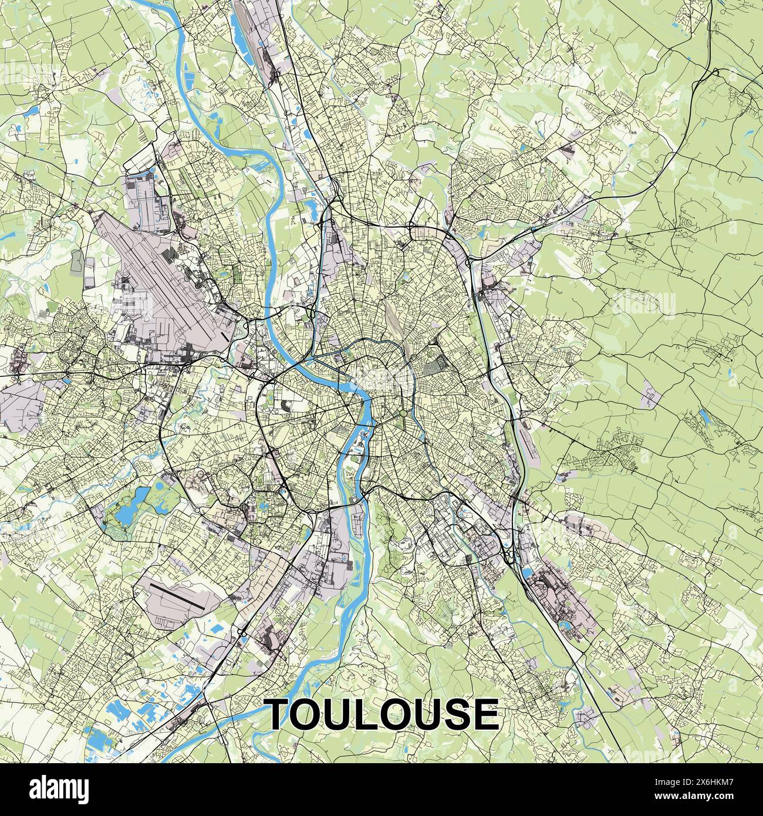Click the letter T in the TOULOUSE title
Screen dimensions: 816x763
[283, 714]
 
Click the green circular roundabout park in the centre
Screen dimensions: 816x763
[404, 415]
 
